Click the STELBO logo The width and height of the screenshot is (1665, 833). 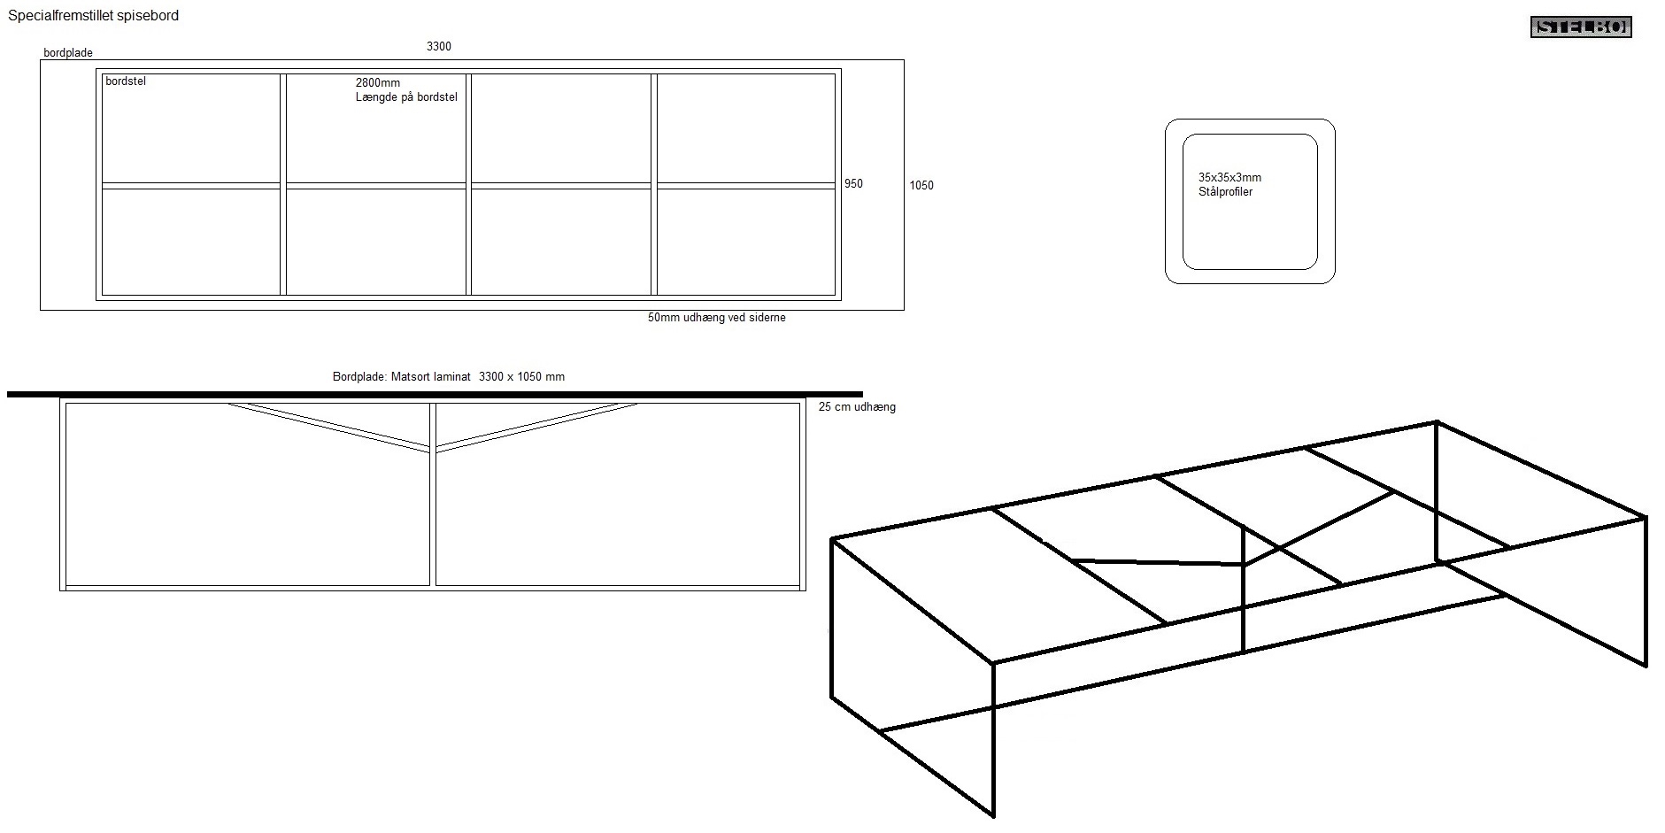click(1581, 27)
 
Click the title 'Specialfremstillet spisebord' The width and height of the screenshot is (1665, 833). click(94, 16)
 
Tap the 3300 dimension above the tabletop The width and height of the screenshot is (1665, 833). click(439, 46)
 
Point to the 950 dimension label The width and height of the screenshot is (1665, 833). click(853, 184)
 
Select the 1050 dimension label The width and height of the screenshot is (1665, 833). click(921, 186)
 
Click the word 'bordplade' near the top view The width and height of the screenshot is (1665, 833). click(68, 53)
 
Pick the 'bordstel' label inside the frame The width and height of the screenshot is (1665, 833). click(126, 81)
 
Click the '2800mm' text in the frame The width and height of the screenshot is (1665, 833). click(378, 83)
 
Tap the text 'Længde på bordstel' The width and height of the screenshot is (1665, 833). click(406, 97)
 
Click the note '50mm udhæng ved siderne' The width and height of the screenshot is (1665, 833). click(717, 318)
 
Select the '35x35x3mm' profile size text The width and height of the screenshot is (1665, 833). click(1229, 178)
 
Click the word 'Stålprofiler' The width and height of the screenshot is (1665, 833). click(1225, 192)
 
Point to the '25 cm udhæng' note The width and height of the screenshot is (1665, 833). click(857, 407)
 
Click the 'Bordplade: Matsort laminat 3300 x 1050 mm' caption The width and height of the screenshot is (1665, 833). click(449, 377)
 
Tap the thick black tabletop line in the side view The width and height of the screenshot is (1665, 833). click(435, 394)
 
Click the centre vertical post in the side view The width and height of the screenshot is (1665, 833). click(433, 495)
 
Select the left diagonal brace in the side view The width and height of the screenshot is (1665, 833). click(329, 427)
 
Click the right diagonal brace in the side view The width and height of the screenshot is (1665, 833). click(536, 427)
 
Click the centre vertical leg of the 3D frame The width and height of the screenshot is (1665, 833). click(1244, 589)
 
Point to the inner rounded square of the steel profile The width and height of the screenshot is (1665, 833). click(1250, 135)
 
